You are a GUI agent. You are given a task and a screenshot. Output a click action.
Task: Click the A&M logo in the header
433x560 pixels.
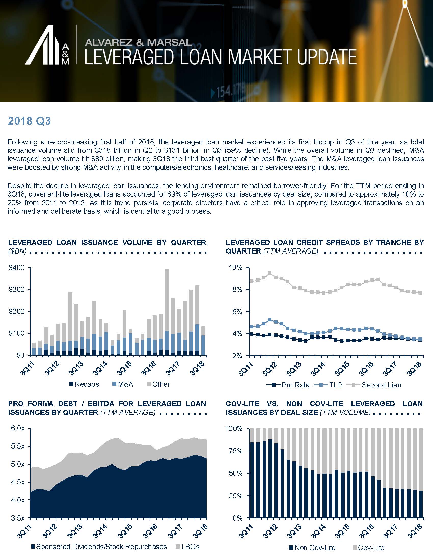coord(47,45)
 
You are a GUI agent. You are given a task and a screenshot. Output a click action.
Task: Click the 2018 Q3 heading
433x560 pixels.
coord(29,121)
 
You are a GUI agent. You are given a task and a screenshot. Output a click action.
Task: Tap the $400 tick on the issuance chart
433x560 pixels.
coord(17,268)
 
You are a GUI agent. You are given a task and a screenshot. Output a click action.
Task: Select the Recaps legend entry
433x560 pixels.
coord(84,384)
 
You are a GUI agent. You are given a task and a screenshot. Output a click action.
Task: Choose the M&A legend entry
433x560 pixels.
coord(123,384)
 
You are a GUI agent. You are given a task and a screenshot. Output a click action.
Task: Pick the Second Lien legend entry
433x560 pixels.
coord(374,385)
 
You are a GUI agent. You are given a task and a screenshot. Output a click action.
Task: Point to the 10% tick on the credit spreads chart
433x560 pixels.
coord(236,268)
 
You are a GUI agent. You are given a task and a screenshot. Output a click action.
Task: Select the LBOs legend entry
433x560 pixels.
coord(187,547)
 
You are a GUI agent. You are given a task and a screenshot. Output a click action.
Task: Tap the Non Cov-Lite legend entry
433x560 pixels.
coord(312,548)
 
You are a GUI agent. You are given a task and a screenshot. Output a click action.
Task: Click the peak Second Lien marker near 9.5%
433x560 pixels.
coord(269,273)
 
